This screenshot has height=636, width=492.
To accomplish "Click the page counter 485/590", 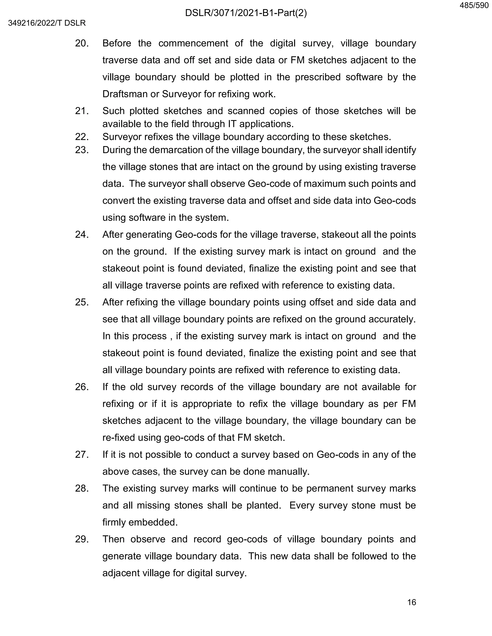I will [x=474, y=6].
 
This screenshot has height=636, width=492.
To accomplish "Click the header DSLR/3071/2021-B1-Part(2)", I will [x=246, y=13].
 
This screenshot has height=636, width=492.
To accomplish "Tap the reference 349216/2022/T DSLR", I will [x=47, y=23].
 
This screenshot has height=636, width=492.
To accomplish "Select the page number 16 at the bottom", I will [x=411, y=602].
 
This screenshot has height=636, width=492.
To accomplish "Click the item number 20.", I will [x=82, y=43].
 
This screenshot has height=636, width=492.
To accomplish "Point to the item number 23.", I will [x=82, y=150].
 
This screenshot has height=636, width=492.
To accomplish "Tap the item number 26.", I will [x=82, y=387].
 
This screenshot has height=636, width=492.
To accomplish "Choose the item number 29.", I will [x=82, y=539].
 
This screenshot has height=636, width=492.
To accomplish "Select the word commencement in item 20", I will [x=193, y=43].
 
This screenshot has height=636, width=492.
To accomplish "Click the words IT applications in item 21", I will [x=260, y=124].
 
